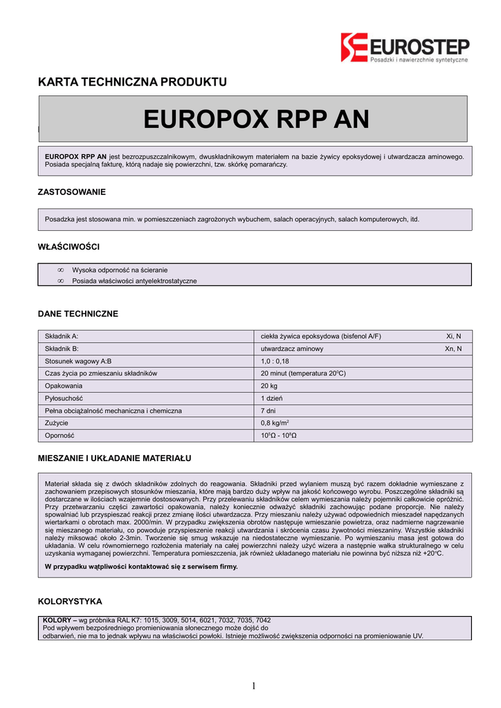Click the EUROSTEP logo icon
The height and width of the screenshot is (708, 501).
(354, 48)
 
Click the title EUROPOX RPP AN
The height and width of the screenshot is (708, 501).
(256, 119)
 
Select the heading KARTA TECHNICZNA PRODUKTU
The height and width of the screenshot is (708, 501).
(132, 82)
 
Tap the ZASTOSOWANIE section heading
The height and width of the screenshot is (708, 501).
(71, 192)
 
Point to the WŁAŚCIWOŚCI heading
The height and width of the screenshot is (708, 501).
(69, 246)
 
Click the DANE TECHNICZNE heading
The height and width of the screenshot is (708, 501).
(78, 313)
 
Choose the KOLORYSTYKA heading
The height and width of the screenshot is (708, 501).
(70, 601)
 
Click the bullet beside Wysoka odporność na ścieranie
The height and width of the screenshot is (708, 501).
(60, 270)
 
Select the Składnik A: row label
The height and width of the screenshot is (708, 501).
(62, 336)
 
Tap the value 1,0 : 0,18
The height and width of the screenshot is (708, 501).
(275, 361)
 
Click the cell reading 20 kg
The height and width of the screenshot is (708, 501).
(268, 386)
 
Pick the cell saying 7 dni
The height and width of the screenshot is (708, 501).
(267, 411)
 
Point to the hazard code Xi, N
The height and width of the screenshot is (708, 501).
(453, 336)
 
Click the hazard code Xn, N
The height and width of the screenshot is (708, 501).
(453, 348)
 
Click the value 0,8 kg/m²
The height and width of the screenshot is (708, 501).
(275, 423)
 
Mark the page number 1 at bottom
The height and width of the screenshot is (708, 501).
(253, 686)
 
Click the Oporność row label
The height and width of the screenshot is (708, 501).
(60, 436)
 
